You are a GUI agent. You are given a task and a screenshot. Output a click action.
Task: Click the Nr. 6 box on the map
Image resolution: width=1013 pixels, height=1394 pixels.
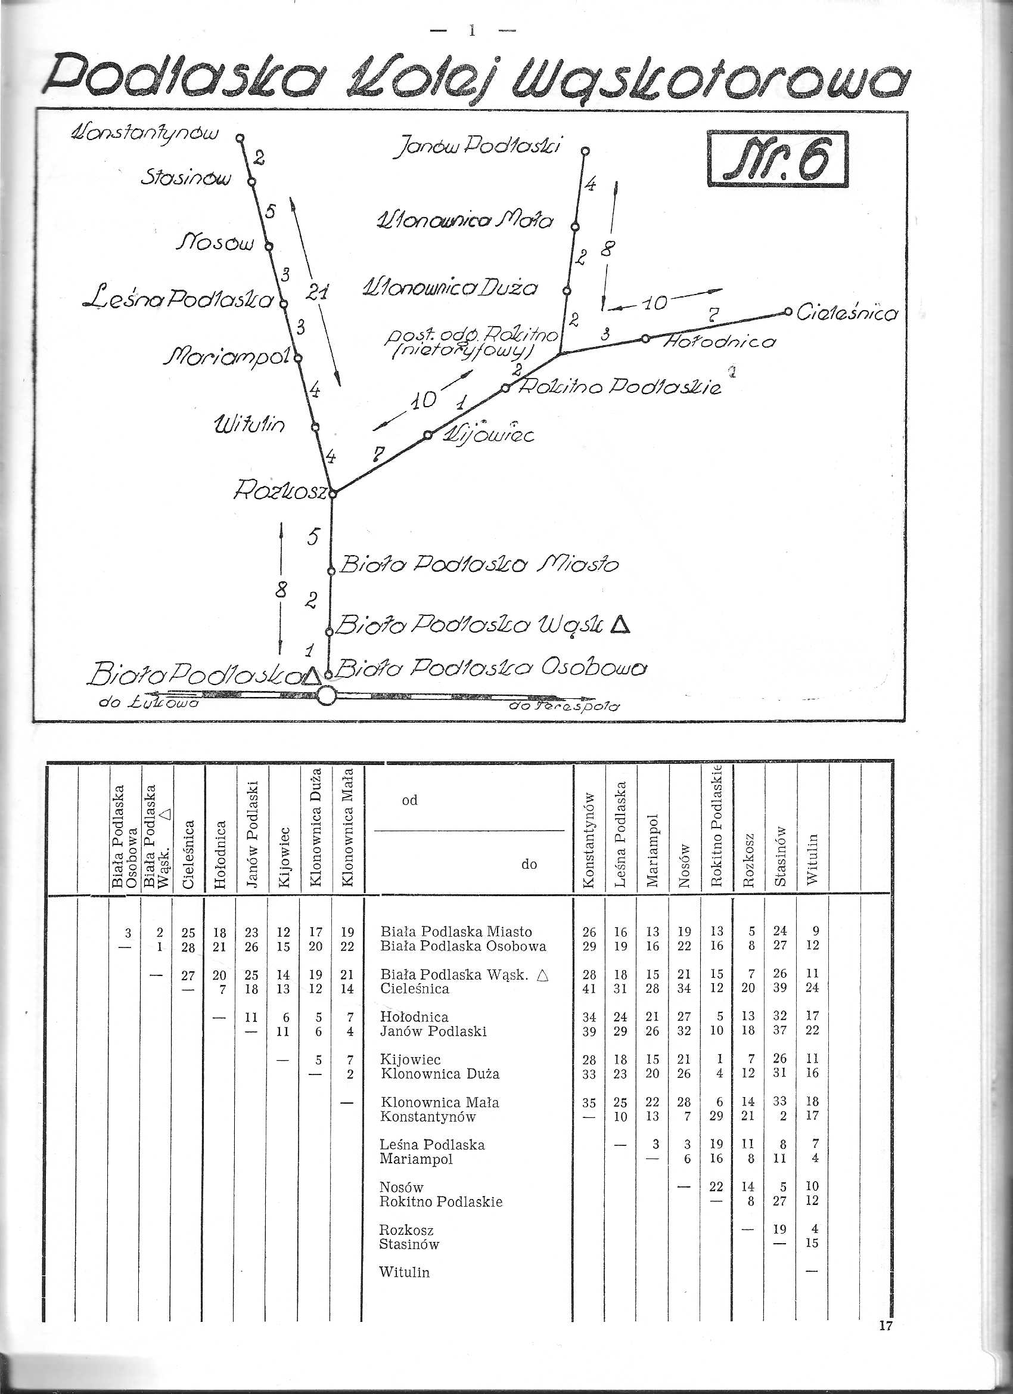tap(778, 159)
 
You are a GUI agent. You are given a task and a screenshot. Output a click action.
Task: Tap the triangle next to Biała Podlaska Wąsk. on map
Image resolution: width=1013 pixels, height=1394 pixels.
tap(622, 625)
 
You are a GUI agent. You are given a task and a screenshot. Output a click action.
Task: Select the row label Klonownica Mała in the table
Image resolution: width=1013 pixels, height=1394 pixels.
tap(440, 1102)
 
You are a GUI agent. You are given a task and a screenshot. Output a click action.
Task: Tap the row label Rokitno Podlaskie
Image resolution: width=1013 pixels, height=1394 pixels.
tap(441, 1201)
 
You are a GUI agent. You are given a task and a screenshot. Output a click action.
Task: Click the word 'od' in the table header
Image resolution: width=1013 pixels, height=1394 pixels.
tap(410, 800)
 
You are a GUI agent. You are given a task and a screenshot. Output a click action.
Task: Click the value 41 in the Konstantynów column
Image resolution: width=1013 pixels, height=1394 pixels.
tap(589, 989)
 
